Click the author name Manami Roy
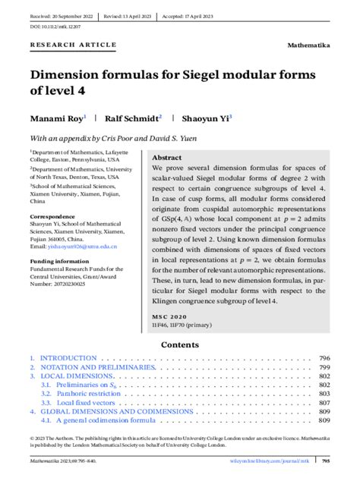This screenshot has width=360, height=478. (x=57, y=119)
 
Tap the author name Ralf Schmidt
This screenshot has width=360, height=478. (x=133, y=119)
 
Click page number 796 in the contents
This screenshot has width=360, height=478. (x=324, y=358)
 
